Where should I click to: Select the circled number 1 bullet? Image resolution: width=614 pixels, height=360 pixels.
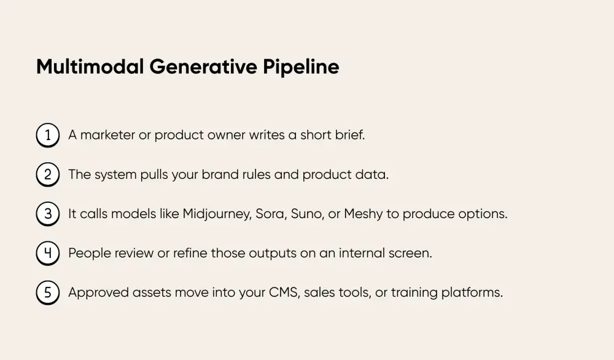(x=48, y=135)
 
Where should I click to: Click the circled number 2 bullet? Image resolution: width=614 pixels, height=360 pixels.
(x=48, y=174)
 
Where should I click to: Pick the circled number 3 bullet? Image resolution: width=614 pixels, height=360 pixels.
(x=48, y=214)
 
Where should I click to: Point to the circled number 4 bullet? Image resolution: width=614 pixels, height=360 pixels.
(x=48, y=253)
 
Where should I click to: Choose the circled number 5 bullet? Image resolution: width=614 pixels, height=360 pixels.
(x=48, y=292)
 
